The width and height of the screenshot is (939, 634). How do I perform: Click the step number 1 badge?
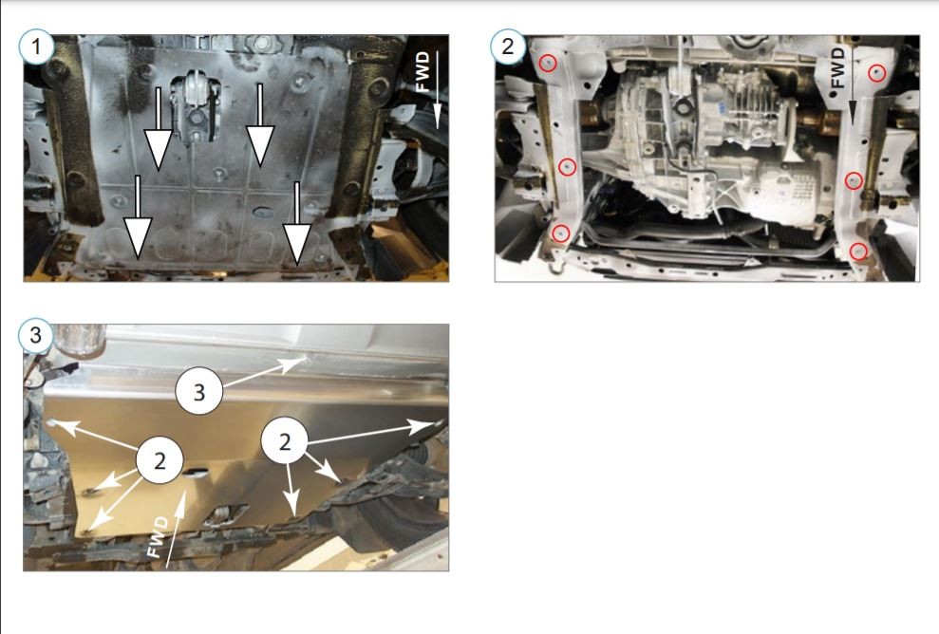pyautogui.click(x=36, y=47)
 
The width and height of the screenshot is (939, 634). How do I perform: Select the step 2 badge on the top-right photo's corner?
pyautogui.click(x=508, y=47)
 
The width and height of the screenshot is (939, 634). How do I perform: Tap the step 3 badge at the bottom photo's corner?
pyautogui.click(x=36, y=335)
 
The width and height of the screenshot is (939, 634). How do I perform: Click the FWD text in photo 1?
pyautogui.click(x=423, y=72)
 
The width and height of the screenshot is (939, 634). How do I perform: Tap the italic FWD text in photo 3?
pyautogui.click(x=159, y=537)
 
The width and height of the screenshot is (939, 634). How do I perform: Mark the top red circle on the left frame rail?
pyautogui.click(x=548, y=63)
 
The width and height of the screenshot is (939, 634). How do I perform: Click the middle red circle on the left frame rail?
pyautogui.click(x=567, y=166)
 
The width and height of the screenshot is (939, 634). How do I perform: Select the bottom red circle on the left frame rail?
pyautogui.click(x=560, y=233)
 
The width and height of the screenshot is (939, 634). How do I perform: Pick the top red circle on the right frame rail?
pyautogui.click(x=876, y=72)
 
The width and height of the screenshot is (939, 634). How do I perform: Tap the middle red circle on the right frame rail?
pyautogui.click(x=854, y=180)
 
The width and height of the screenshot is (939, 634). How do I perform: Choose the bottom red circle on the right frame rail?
pyautogui.click(x=858, y=251)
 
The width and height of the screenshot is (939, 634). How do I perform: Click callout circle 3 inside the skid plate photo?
pyautogui.click(x=198, y=392)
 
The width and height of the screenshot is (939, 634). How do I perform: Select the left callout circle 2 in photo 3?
pyautogui.click(x=160, y=461)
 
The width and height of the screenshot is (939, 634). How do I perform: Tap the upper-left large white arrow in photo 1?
pyautogui.click(x=159, y=128)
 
